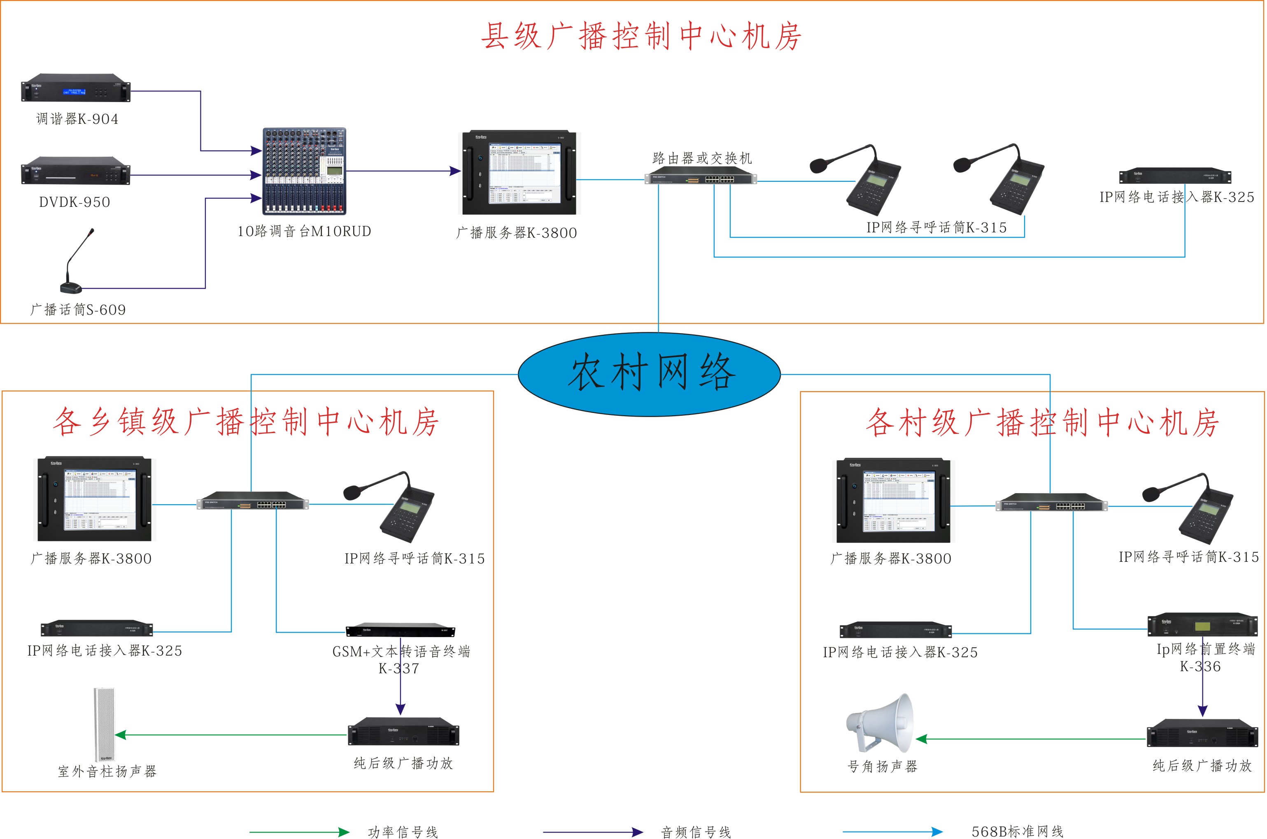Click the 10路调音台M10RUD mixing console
point(304,171)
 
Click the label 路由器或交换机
point(702,158)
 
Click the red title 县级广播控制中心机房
point(641,36)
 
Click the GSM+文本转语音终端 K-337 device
point(401,630)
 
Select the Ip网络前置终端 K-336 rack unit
point(1202,626)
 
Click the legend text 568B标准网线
point(1018,832)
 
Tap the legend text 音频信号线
point(696,832)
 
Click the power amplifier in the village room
point(1202,733)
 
